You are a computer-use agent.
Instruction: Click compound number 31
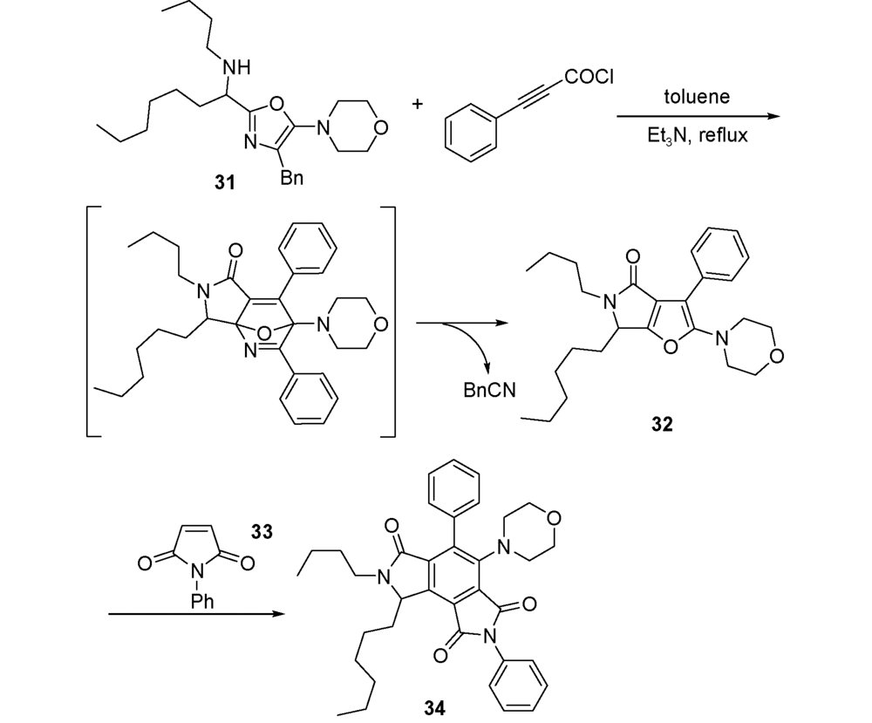[x=225, y=182]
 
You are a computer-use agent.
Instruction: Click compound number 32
[x=662, y=425]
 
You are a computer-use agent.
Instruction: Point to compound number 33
[x=262, y=532]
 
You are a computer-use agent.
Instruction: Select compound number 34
[x=434, y=708]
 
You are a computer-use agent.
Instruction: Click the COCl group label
[x=589, y=77]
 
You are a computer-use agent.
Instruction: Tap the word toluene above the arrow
[x=697, y=97]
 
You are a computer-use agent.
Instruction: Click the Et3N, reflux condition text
[x=698, y=135]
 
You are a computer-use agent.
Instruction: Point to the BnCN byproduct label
[x=489, y=391]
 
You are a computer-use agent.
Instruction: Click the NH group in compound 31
[x=236, y=68]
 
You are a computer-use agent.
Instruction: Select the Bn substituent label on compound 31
[x=292, y=178]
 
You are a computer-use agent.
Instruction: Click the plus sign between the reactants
[x=417, y=104]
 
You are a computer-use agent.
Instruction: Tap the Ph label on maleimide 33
[x=201, y=601]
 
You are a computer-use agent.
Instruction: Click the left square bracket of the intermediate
[x=89, y=322]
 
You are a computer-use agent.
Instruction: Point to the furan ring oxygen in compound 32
[x=671, y=347]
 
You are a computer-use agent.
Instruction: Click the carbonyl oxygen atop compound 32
[x=632, y=257]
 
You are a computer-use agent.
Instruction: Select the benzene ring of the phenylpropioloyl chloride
[x=470, y=133]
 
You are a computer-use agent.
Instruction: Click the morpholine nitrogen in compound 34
[x=504, y=548]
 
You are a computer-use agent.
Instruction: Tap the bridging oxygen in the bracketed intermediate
[x=265, y=333]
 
